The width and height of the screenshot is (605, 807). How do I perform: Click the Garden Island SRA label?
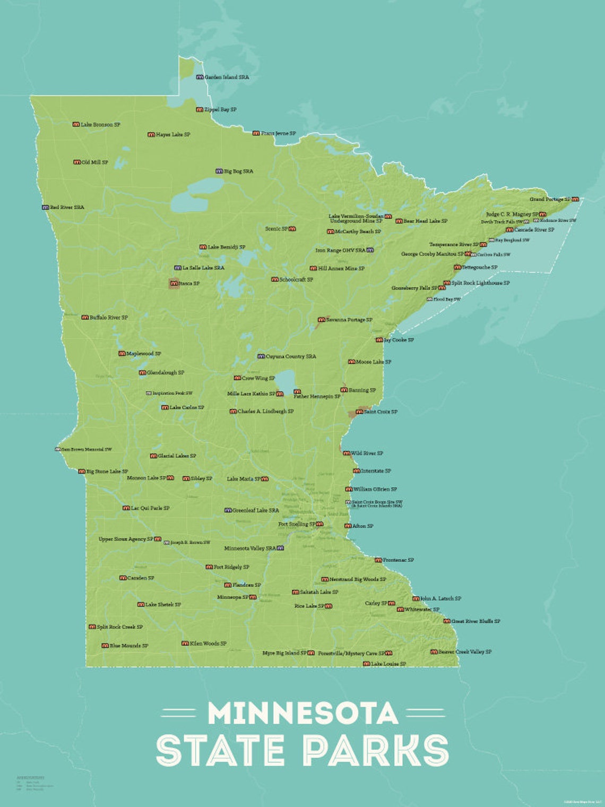coord(227,78)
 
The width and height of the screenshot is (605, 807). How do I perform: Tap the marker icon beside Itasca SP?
coord(174,284)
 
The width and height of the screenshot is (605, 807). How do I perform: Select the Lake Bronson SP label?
coord(100,125)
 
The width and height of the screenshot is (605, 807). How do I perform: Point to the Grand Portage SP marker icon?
coord(575,199)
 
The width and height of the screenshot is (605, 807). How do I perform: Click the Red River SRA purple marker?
coord(45,208)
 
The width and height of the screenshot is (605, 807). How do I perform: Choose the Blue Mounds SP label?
coord(129,646)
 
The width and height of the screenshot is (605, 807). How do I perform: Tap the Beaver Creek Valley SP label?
coord(465,652)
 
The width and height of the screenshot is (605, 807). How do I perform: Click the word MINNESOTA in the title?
coord(302,714)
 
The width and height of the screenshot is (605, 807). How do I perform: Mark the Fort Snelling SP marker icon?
coord(319,524)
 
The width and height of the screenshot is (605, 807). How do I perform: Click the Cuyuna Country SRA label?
coord(291,357)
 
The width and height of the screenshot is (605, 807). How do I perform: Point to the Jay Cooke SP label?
coord(399,340)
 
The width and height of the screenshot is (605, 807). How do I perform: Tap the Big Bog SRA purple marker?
coord(219,171)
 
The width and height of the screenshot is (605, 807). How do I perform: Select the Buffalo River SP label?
coord(109,317)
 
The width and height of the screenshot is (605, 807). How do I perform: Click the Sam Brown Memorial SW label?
coord(87,450)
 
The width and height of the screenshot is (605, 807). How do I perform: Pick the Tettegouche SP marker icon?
coord(457,268)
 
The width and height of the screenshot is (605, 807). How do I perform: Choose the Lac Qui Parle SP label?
coord(150,508)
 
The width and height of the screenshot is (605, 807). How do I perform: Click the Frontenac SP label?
coord(398,560)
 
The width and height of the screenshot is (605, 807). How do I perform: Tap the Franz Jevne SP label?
coord(278,133)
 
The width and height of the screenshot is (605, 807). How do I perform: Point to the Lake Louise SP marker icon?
coord(366,664)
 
